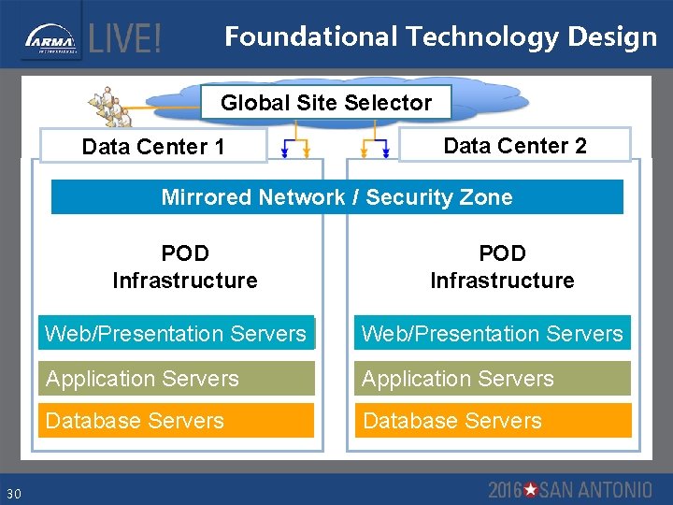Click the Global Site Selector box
click(x=326, y=103)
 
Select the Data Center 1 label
click(x=153, y=147)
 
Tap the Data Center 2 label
click(x=515, y=145)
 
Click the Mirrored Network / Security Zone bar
click(x=336, y=197)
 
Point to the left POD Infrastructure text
click(x=184, y=267)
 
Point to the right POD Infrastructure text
click(x=502, y=267)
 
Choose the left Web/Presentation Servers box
click(x=176, y=334)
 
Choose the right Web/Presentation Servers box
click(x=492, y=334)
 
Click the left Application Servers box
click(x=176, y=379)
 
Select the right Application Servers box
click(x=492, y=379)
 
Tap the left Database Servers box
click(x=176, y=421)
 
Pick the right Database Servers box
click(x=492, y=421)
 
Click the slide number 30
click(x=13, y=493)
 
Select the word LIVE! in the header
click(x=125, y=39)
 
